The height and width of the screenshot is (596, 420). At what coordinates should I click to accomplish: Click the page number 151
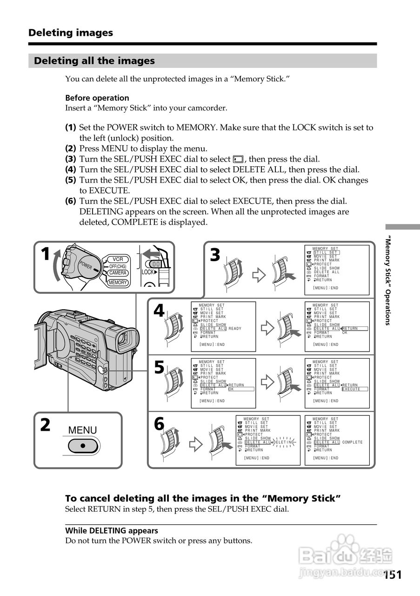393,575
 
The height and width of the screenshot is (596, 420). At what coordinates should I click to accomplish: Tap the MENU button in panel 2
83,445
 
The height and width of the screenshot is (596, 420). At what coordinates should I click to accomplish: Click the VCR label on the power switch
117,259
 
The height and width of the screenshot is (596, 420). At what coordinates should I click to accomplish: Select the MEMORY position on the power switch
118,282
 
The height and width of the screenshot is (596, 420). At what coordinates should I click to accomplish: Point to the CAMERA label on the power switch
118,273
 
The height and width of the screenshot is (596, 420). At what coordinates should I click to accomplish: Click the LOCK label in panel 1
148,272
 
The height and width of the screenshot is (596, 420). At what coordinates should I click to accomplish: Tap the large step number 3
214,255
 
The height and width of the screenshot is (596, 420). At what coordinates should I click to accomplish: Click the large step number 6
159,424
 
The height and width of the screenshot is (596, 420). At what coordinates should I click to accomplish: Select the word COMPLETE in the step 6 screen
352,442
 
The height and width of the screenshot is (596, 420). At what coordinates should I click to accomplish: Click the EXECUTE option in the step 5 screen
355,389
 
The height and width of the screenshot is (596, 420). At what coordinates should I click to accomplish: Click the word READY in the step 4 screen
235,329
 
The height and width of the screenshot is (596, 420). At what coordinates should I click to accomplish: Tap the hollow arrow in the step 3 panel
258,275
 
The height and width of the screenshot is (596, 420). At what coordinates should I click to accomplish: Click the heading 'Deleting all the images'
94,61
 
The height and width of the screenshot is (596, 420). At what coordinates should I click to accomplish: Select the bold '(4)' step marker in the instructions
71,170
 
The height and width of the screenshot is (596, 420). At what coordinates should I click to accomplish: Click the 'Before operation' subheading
97,98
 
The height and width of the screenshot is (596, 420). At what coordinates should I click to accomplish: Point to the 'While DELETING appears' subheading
112,530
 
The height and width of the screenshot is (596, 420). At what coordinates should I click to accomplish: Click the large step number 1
45,255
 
